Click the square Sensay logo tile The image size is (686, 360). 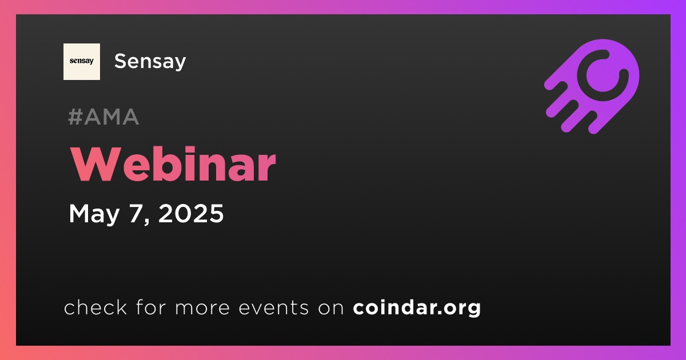[x=81, y=62]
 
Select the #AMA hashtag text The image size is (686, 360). [x=103, y=117]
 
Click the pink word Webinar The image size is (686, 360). [x=173, y=165]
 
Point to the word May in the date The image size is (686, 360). [x=94, y=214]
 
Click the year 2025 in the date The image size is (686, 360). [x=191, y=213]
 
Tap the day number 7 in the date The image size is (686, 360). [x=137, y=213]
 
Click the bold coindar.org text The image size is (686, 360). [x=417, y=308]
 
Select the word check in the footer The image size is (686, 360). [x=95, y=307]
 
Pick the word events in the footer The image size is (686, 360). [x=273, y=307]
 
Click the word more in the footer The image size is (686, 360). [x=202, y=309]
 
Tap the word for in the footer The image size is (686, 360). [x=151, y=307]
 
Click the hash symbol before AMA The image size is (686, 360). [x=75, y=117]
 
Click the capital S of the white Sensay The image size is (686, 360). [x=121, y=61]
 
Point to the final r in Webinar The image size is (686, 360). [x=268, y=169]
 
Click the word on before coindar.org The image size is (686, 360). [x=331, y=309]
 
